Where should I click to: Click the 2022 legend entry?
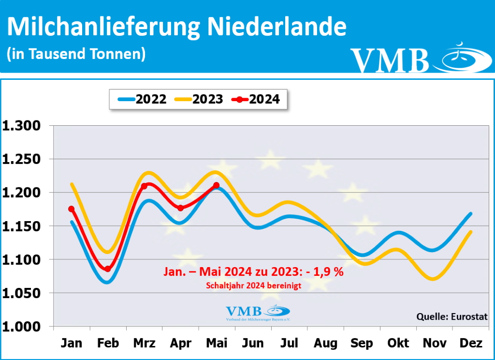click(x=142, y=99)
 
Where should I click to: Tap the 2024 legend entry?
click(x=256, y=99)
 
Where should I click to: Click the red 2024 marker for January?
click(x=72, y=209)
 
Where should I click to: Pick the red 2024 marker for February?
click(x=107, y=269)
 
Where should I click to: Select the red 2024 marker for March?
click(x=144, y=186)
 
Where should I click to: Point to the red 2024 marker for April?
click(x=180, y=208)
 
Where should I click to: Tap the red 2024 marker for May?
click(x=216, y=185)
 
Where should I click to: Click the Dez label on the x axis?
click(x=471, y=344)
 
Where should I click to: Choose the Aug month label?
click(x=325, y=344)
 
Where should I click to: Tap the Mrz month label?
click(x=144, y=344)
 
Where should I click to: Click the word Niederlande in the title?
click(x=277, y=28)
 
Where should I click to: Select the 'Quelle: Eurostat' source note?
click(x=452, y=317)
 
